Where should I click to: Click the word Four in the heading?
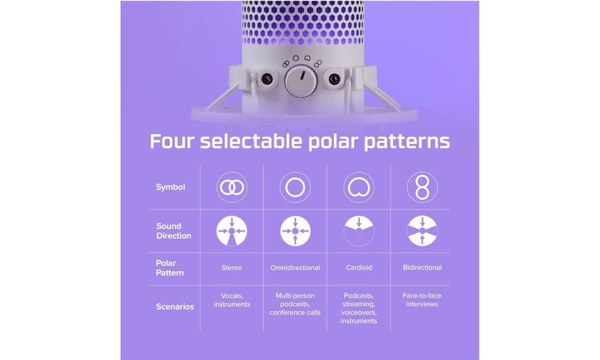point(172,141)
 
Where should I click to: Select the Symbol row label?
point(170,187)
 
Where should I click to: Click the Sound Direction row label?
point(174,231)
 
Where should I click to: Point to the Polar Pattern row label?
point(170,268)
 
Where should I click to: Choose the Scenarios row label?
point(175,307)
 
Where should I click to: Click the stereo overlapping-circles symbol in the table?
point(232,187)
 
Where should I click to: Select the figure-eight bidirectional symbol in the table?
point(422,187)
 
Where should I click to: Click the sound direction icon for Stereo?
point(232,231)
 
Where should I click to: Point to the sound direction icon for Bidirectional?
point(422,231)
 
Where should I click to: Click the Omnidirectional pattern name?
point(295,268)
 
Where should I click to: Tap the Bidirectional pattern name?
point(422,268)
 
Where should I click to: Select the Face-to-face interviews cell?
point(422,300)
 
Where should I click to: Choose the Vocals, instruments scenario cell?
point(232,301)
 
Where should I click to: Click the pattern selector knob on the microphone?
point(301,80)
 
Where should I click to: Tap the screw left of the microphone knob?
point(267,79)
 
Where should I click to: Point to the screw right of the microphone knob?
point(334,79)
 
